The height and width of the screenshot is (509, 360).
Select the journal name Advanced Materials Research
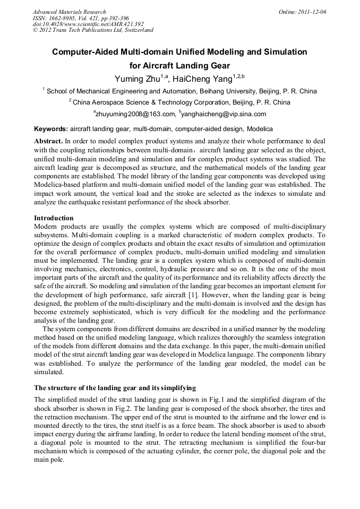69,12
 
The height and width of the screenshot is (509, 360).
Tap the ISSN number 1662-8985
69,18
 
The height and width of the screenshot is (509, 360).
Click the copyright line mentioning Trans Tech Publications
93,30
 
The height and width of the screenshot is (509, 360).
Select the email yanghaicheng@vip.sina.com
224,114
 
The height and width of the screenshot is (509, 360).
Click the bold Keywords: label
51,129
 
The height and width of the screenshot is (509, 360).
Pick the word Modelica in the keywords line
260,129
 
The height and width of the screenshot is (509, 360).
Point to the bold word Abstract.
48,142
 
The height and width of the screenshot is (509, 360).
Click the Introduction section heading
54,218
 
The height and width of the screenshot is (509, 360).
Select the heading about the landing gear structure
115,387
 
